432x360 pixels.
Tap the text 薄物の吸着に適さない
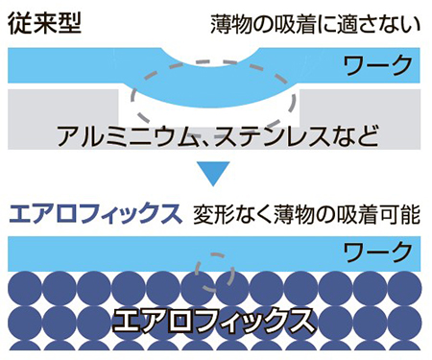pos(316,22)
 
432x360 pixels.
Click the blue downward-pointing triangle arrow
pos(216,176)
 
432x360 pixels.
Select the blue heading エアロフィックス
pos(94,213)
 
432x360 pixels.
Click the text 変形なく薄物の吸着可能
pos(306,213)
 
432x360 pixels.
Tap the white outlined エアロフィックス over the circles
pos(216,316)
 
